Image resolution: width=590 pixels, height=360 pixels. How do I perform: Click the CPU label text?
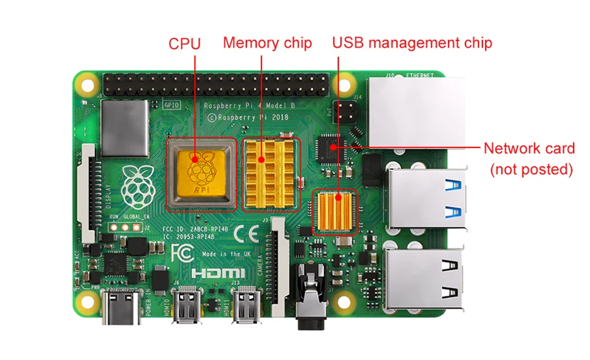(184, 44)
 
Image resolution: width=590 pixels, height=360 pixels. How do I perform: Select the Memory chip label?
(267, 43)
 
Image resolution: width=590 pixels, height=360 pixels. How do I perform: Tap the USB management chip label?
(412, 43)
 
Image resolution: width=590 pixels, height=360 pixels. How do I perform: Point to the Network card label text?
(529, 148)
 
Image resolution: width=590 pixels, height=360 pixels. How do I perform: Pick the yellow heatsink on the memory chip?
(269, 172)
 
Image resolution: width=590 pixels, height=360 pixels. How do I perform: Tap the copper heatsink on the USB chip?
(335, 211)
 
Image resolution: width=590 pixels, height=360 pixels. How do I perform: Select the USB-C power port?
(121, 308)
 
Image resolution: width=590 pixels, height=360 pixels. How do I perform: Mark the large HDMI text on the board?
(218, 272)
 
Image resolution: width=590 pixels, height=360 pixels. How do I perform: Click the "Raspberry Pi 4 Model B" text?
(242, 105)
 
